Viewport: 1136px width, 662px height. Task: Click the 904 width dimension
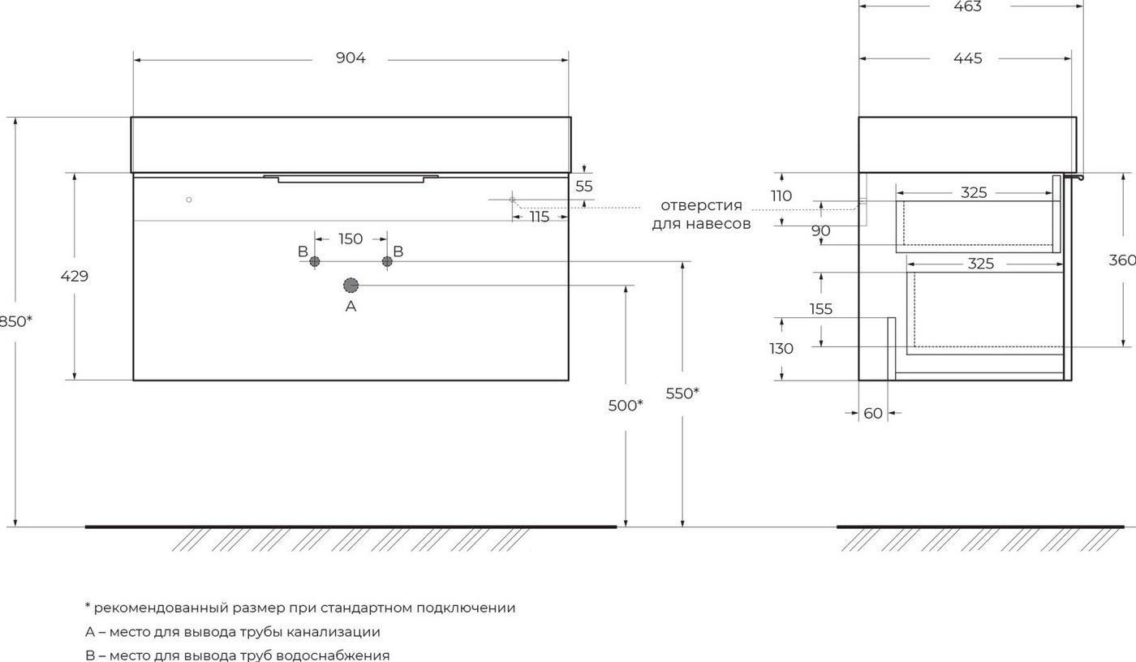(x=351, y=58)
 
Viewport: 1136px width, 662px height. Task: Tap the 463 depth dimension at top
(x=967, y=6)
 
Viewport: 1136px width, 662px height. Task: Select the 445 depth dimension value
(x=967, y=58)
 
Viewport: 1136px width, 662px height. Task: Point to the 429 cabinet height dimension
(x=75, y=277)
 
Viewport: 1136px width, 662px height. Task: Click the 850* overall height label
(x=15, y=321)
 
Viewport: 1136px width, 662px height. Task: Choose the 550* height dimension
(x=682, y=393)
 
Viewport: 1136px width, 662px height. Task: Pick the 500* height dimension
(x=626, y=405)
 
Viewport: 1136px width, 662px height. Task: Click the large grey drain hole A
(x=351, y=286)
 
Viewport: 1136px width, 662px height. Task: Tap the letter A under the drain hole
(x=351, y=306)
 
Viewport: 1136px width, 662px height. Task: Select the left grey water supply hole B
(x=315, y=261)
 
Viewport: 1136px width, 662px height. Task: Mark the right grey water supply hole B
(x=387, y=261)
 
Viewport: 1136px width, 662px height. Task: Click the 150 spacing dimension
(x=351, y=239)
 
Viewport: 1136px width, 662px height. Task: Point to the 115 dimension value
(x=540, y=217)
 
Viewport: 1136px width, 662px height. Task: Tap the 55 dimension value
(x=583, y=187)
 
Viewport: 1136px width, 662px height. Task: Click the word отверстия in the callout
(x=701, y=205)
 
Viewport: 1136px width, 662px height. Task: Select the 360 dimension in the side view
(x=1121, y=260)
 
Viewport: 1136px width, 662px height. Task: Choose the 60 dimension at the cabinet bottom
(x=873, y=414)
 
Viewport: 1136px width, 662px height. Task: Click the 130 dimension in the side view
(x=781, y=349)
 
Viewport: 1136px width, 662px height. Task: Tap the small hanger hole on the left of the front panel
(x=188, y=200)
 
